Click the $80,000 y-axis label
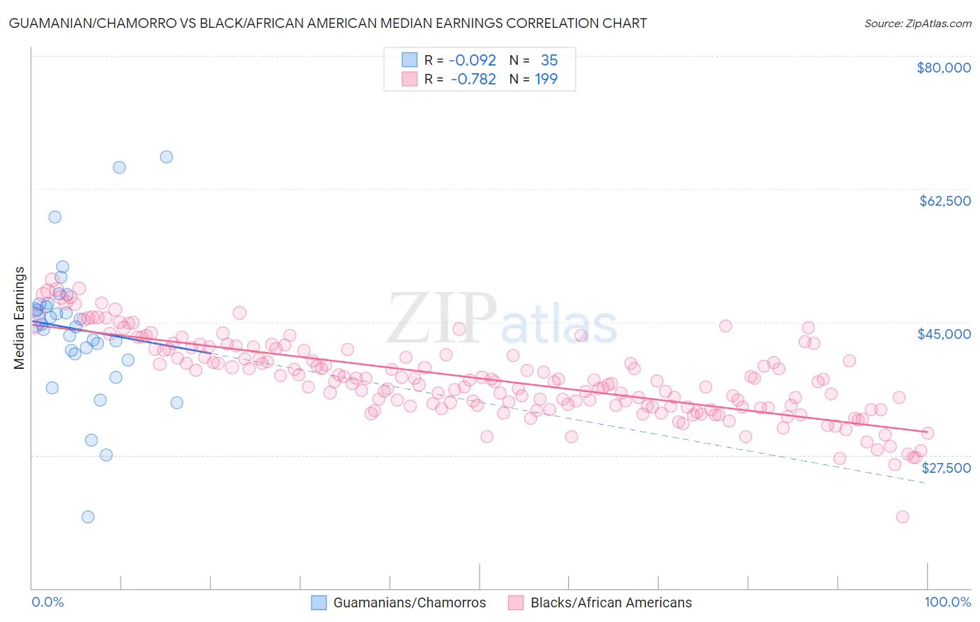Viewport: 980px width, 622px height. (944, 68)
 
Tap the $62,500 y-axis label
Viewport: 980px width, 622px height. (944, 201)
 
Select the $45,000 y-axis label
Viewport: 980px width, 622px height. (944, 334)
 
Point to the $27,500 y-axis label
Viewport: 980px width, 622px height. (946, 468)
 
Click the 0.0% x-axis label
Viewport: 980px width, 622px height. (48, 602)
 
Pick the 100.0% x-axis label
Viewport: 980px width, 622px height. (947, 602)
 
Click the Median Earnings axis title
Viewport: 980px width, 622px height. (20, 318)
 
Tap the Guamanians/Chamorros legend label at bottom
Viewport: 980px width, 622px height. (409, 603)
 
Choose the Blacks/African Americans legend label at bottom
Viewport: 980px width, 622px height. (611, 603)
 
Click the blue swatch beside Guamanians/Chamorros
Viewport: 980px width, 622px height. (319, 603)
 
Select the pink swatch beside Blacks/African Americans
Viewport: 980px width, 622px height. (516, 603)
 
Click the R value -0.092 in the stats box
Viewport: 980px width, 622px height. (473, 60)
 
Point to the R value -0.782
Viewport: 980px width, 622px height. (473, 79)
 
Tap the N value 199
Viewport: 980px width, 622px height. (546, 79)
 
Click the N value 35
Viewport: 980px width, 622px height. (549, 60)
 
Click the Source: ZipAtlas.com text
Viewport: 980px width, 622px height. (917, 24)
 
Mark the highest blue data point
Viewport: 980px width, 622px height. (166, 157)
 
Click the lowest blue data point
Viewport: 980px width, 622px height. (88, 517)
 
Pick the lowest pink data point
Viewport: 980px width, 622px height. (902, 517)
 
